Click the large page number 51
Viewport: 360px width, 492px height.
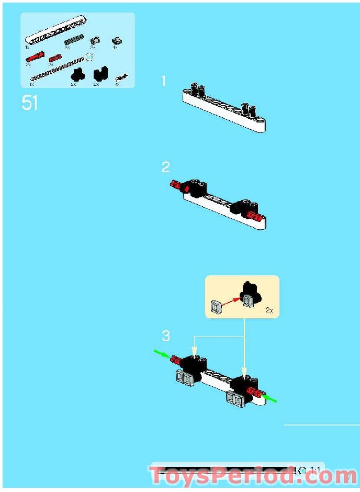[30, 103]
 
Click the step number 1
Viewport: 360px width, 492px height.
[164, 81]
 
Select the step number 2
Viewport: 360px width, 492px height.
[165, 167]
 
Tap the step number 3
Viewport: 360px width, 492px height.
[165, 335]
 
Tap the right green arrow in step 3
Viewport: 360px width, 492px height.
[268, 399]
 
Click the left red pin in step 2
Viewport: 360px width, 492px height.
[176, 185]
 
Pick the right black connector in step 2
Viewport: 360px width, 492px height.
[244, 206]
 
